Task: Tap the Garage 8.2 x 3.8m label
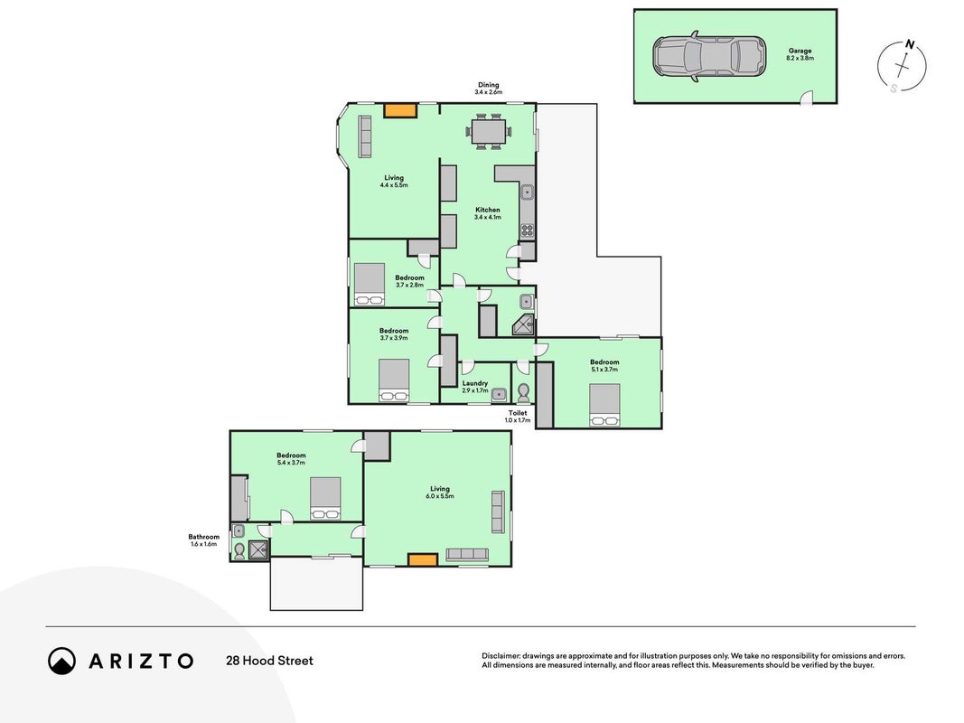(x=800, y=54)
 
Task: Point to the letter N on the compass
(x=909, y=44)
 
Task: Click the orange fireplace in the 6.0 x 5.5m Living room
(x=423, y=560)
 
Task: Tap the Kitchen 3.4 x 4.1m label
(x=488, y=213)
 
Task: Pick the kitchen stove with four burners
(x=528, y=230)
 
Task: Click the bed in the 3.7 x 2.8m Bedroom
(x=370, y=284)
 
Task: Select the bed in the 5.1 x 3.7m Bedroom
(x=604, y=405)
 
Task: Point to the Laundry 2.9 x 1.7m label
(x=475, y=387)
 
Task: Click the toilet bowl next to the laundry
(x=524, y=391)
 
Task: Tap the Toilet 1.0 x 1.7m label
(x=518, y=417)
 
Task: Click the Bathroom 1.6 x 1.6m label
(x=203, y=540)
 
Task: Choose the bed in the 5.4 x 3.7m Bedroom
(x=325, y=499)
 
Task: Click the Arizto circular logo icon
(x=62, y=661)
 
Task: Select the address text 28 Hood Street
(x=269, y=661)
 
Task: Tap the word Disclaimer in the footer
(x=501, y=657)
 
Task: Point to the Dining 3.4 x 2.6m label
(x=489, y=89)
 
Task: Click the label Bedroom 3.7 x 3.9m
(x=394, y=333)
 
